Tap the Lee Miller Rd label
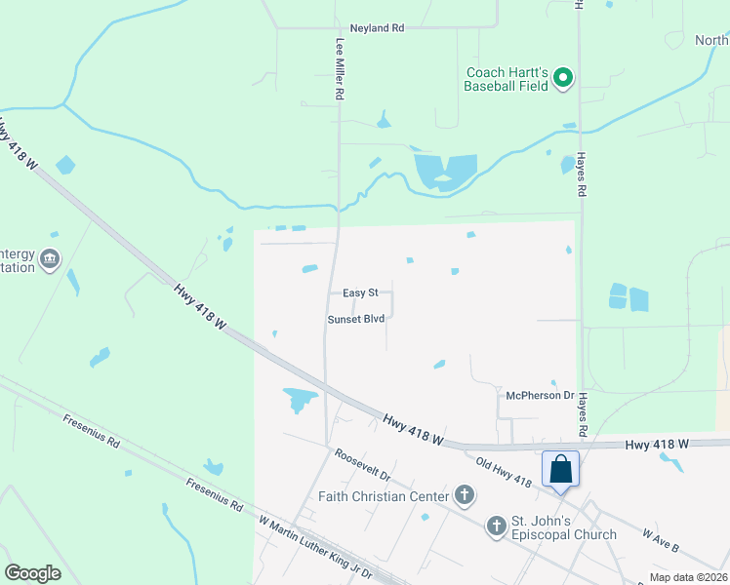[x=341, y=70]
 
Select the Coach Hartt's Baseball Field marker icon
[x=562, y=77]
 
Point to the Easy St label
[x=360, y=292]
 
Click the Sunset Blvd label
[x=356, y=319]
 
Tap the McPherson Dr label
[x=540, y=395]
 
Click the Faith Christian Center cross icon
[x=465, y=495]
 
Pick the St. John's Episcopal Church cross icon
[x=496, y=526]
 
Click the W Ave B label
[x=661, y=541]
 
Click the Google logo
[x=32, y=573]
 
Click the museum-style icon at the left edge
[x=49, y=259]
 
